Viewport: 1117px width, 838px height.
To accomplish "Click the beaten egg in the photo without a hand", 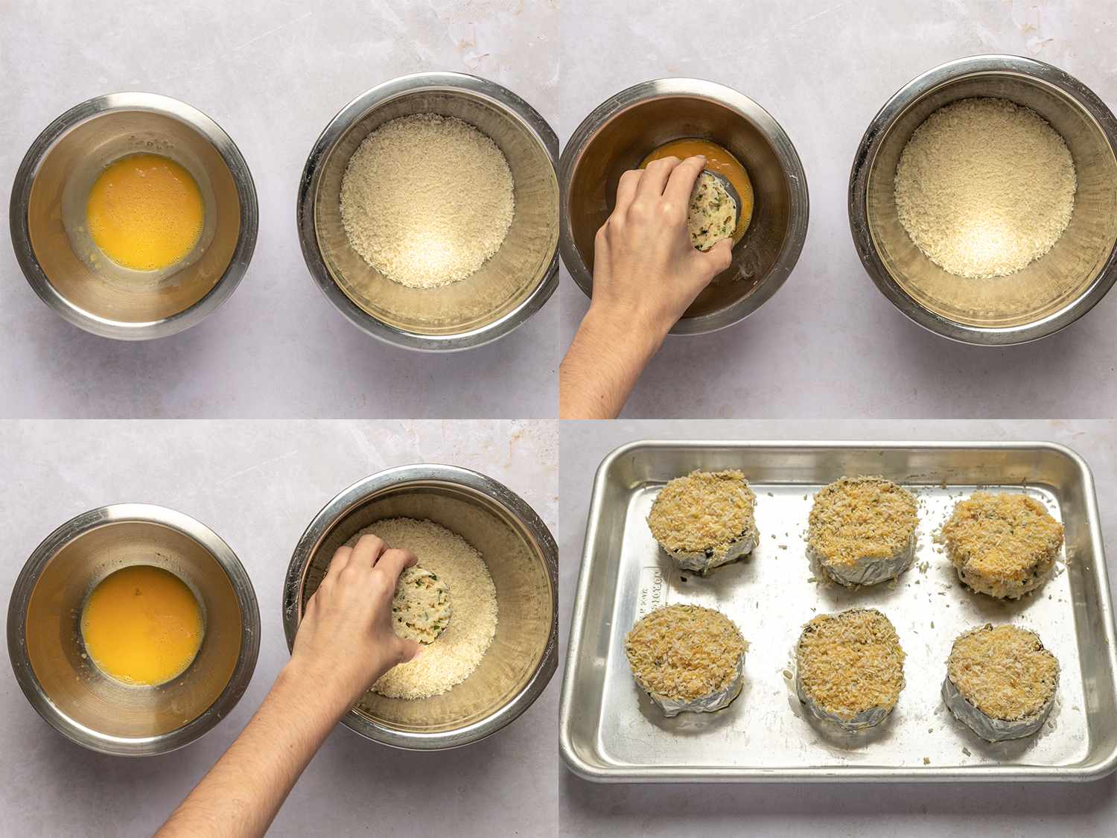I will click(144, 212).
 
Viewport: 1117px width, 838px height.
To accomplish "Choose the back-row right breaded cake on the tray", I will click(1002, 539).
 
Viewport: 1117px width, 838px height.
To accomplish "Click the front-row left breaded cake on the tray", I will click(684, 656).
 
